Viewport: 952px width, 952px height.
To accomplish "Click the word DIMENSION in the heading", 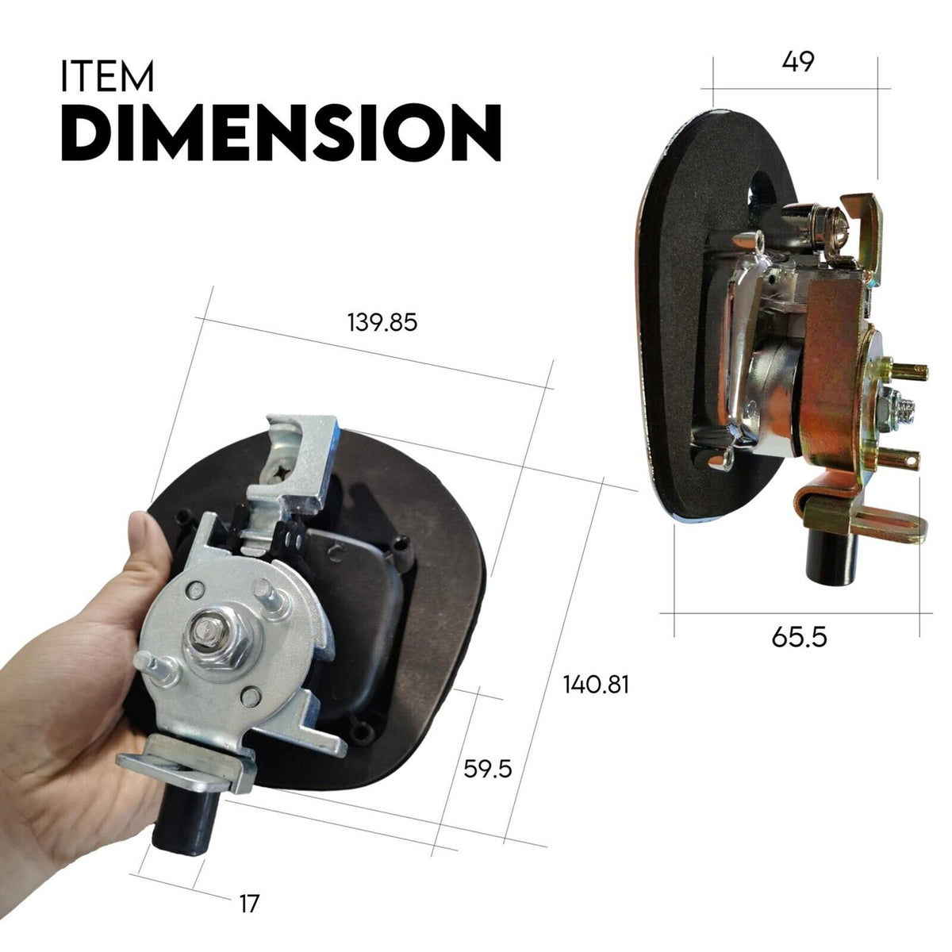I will [281, 132].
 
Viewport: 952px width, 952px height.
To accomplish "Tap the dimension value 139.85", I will [382, 324].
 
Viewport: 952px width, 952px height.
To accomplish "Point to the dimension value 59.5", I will [488, 769].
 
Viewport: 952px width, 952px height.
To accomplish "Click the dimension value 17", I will [249, 903].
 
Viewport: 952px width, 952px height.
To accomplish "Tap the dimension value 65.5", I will [799, 635].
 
